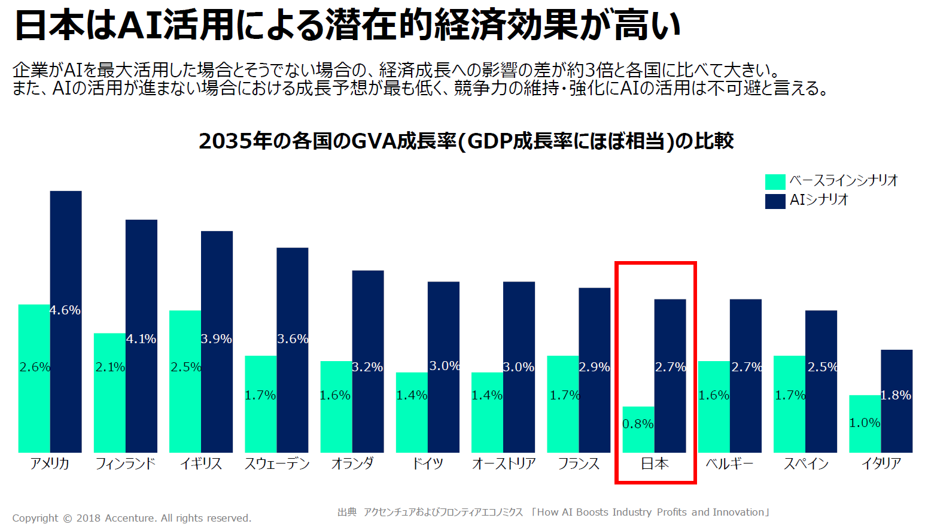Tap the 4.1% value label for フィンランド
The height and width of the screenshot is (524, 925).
[141, 339]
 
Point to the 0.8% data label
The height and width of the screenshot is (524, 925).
[638, 424]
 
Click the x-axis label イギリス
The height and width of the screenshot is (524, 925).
[201, 464]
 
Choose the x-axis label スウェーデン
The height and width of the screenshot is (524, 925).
[277, 464]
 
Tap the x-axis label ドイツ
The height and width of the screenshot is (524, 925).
[428, 464]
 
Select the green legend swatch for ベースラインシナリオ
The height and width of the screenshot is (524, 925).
[775, 181]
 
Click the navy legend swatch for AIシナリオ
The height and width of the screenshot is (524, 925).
[775, 201]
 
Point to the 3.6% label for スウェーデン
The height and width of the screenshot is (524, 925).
[293, 339]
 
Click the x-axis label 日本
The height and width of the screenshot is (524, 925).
[655, 464]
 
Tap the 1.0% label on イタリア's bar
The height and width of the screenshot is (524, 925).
[865, 423]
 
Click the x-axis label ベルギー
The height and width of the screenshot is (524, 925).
[730, 464]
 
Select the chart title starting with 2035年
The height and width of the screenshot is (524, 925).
[466, 141]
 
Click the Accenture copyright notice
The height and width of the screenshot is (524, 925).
[132, 518]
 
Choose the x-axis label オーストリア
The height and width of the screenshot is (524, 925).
[504, 464]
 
